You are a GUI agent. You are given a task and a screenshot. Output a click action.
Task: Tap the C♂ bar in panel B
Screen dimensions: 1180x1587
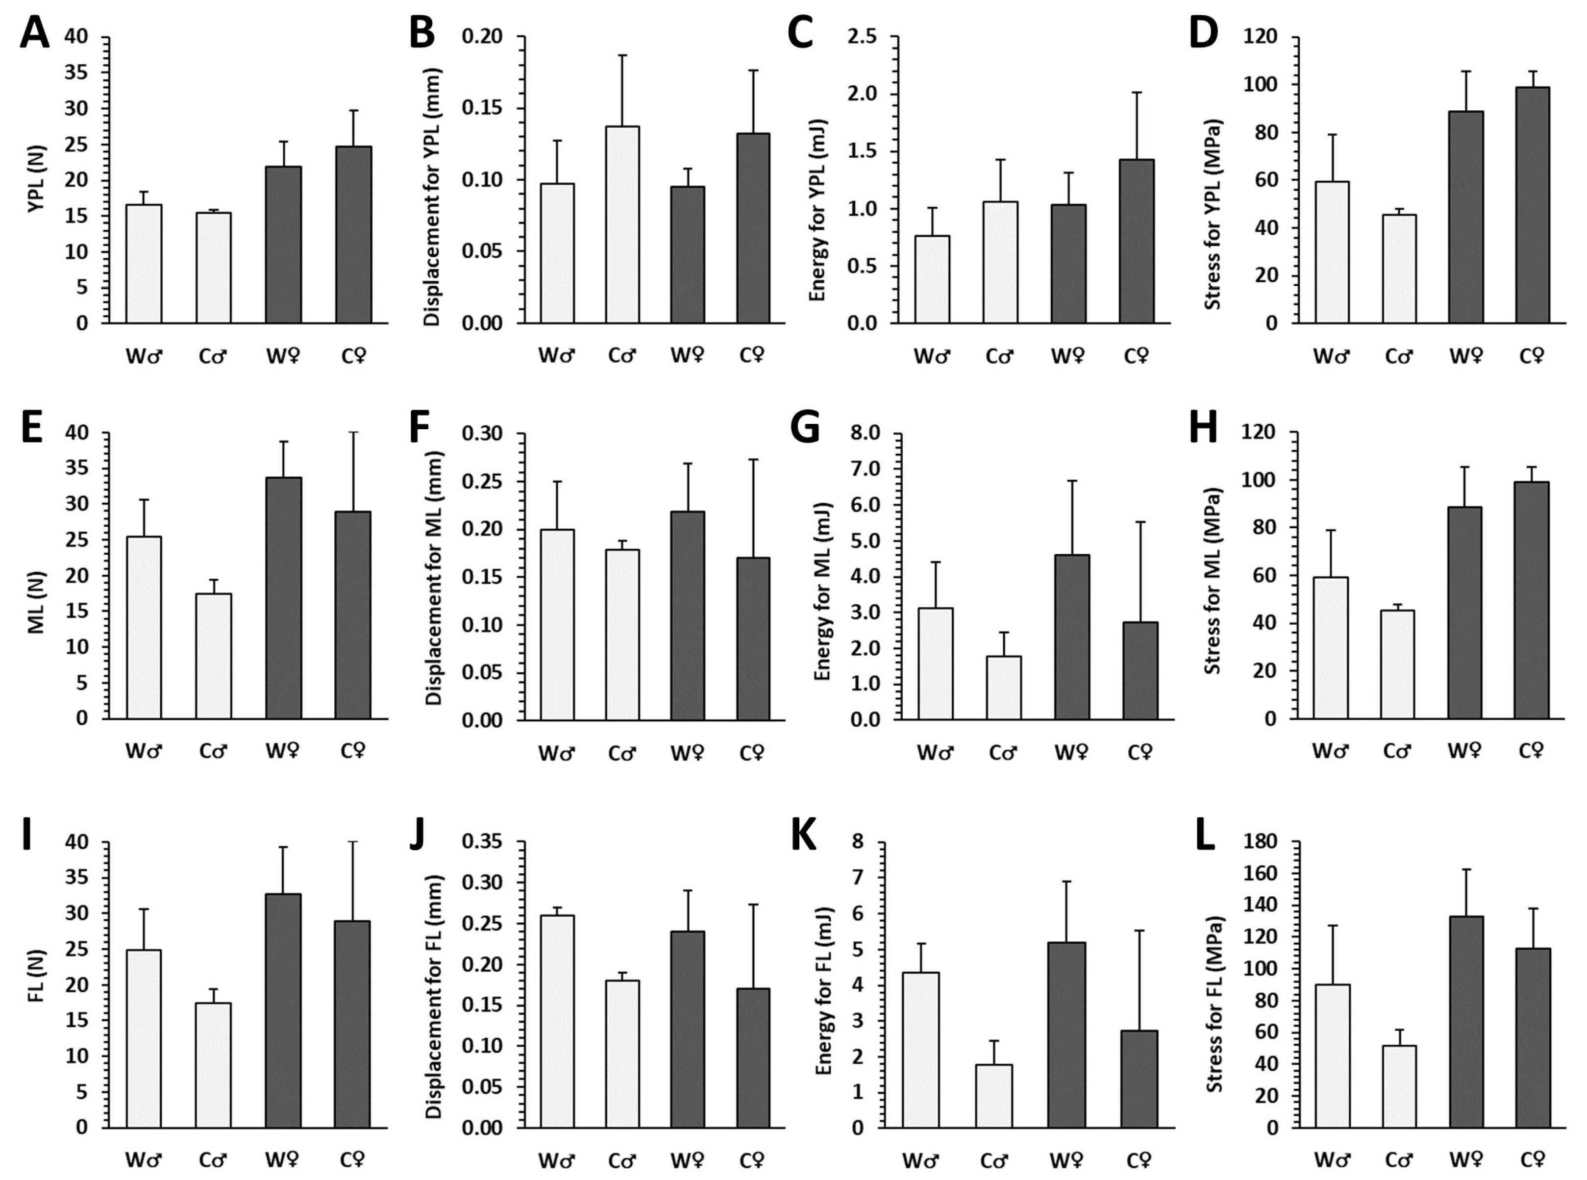622,224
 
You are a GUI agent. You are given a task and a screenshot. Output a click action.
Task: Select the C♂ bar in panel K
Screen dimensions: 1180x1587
994,1096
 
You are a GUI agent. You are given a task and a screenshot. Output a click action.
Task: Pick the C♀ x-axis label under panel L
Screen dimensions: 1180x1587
1531,1158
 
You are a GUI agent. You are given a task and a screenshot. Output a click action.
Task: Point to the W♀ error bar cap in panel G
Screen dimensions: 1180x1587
1072,481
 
